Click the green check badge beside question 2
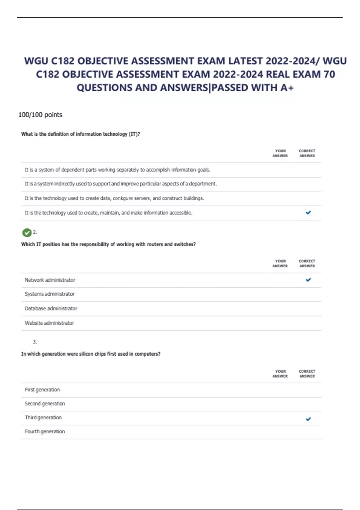click(27, 232)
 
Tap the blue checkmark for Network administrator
click(308, 280)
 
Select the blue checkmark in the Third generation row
click(308, 419)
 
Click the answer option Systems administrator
click(49, 294)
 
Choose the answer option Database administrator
click(51, 308)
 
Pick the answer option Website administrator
click(49, 323)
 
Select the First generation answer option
click(42, 390)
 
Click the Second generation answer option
click(45, 404)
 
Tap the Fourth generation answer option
click(45, 431)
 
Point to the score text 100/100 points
click(40, 115)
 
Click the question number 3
click(35, 342)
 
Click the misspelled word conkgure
click(122, 198)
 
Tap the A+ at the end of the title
click(287, 88)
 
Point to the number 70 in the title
click(329, 74)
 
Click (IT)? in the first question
click(134, 134)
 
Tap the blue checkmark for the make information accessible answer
click(308, 213)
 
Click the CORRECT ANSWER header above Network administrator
click(307, 263)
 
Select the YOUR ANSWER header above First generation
click(280, 373)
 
